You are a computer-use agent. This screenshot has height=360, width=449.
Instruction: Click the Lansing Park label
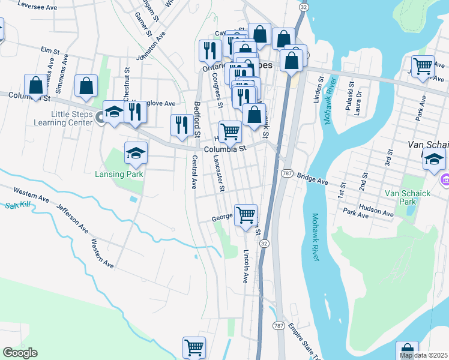[119, 174]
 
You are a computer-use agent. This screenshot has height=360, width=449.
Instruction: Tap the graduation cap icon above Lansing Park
[136, 154]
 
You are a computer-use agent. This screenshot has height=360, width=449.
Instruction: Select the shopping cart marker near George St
[246, 214]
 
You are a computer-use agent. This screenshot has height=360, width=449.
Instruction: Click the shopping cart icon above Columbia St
[230, 131]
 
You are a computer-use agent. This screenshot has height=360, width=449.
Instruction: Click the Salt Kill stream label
[17, 206]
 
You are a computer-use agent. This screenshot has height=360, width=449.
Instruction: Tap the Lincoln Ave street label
[246, 267]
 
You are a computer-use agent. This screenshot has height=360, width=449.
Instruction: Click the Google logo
[20, 353]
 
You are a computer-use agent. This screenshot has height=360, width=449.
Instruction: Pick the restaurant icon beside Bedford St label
[181, 125]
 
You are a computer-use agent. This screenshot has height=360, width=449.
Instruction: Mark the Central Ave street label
[194, 172]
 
